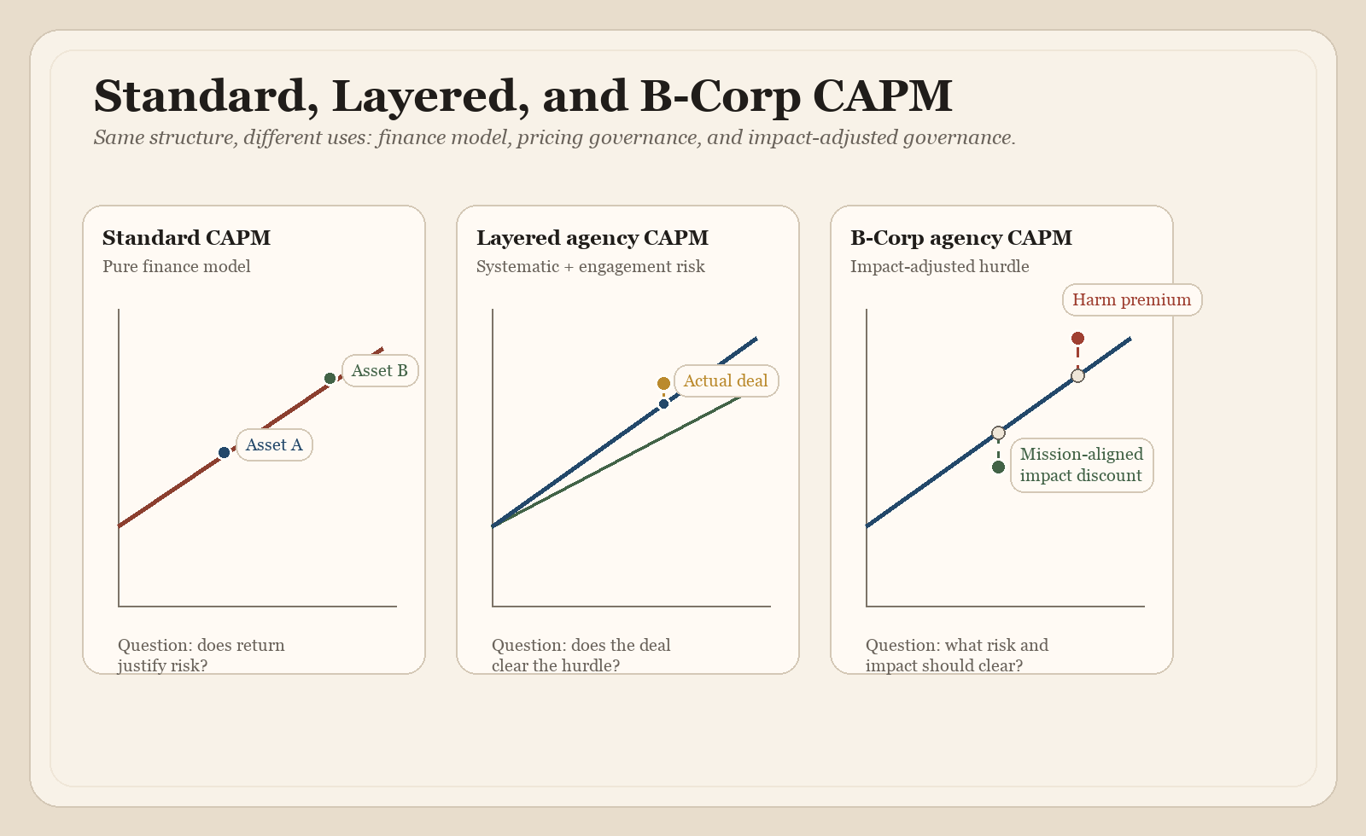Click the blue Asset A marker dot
click(224, 452)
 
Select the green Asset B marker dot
click(330, 378)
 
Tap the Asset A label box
click(274, 444)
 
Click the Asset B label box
click(380, 370)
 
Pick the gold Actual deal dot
click(663, 383)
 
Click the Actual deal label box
click(726, 380)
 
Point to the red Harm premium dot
click(1077, 339)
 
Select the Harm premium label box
click(1131, 299)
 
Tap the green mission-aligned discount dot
click(998, 467)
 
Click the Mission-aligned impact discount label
click(1082, 465)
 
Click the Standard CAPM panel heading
click(186, 238)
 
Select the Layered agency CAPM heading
click(592, 238)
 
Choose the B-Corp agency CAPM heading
click(960, 238)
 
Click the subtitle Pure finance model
click(177, 266)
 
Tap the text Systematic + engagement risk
click(590, 266)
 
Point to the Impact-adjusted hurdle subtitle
click(939, 266)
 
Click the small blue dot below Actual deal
click(663, 403)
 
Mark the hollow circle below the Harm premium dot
click(1077, 375)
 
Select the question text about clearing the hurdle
click(581, 655)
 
